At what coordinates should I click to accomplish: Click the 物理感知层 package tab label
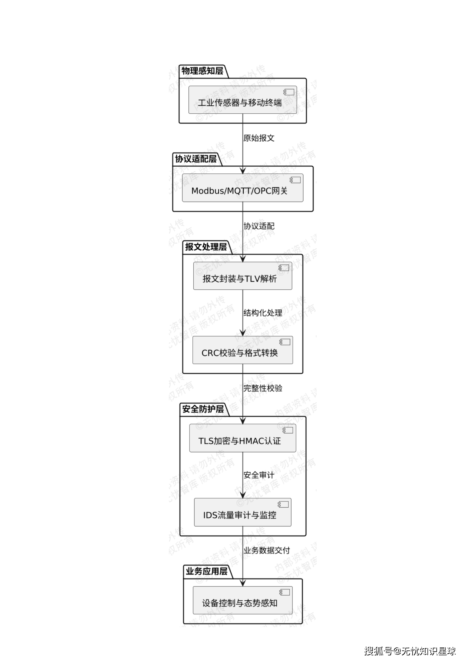point(202,71)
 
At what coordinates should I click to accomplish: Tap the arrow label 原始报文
point(259,138)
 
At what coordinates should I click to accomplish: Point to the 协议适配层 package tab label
point(196,159)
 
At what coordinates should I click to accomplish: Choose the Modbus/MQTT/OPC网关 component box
point(242,188)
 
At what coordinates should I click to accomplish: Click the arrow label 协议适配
point(259,226)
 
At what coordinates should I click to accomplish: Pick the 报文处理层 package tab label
point(206,247)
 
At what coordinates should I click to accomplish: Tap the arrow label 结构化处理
point(262,313)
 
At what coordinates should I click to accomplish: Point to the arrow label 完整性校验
point(262,388)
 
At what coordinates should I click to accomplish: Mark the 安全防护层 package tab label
point(203,409)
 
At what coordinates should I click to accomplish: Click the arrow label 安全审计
point(259,475)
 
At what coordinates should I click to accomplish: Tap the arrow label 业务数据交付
point(267,550)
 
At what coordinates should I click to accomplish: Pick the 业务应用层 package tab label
point(206,571)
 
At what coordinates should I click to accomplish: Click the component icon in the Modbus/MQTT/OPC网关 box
point(295,180)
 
